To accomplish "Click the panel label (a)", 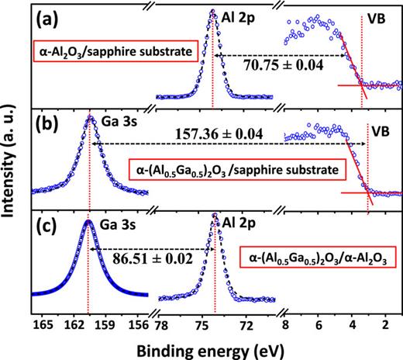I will coord(53,17).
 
